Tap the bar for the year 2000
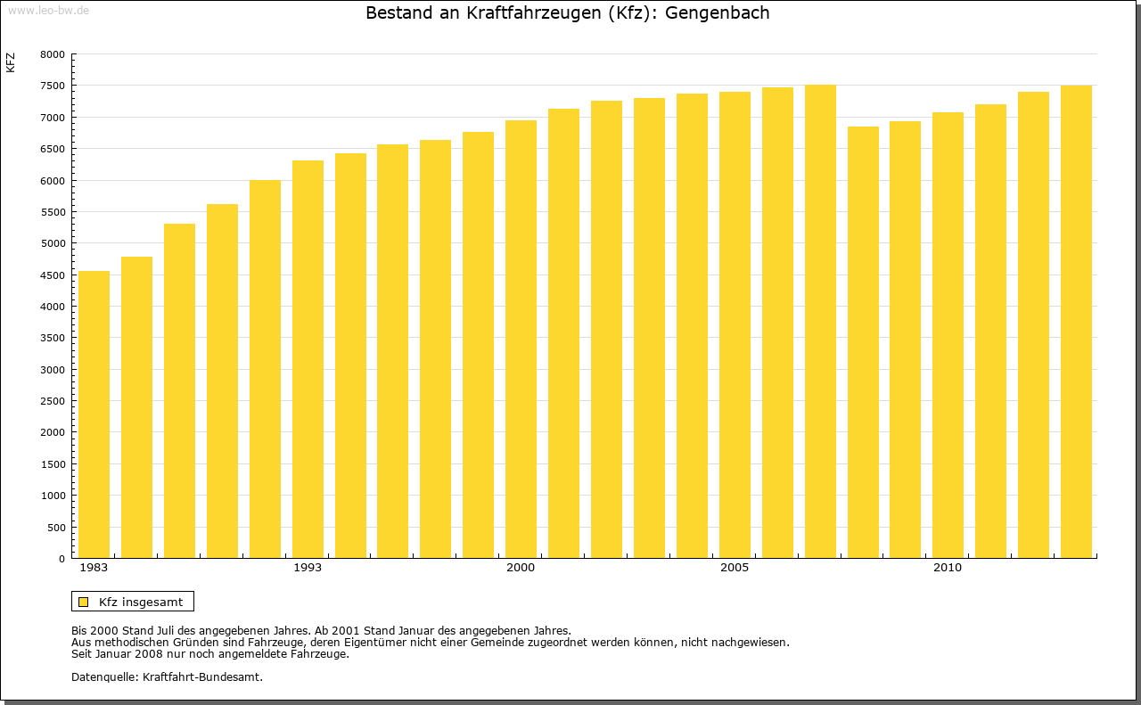(521, 339)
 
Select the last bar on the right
(1076, 322)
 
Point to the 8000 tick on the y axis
(53, 54)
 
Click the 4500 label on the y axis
(53, 275)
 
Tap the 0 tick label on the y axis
(62, 559)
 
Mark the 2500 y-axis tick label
(53, 401)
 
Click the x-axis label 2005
(735, 568)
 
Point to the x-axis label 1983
(94, 568)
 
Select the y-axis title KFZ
(11, 62)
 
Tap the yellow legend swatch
(83, 602)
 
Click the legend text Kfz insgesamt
(141, 602)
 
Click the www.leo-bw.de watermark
(48, 9)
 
